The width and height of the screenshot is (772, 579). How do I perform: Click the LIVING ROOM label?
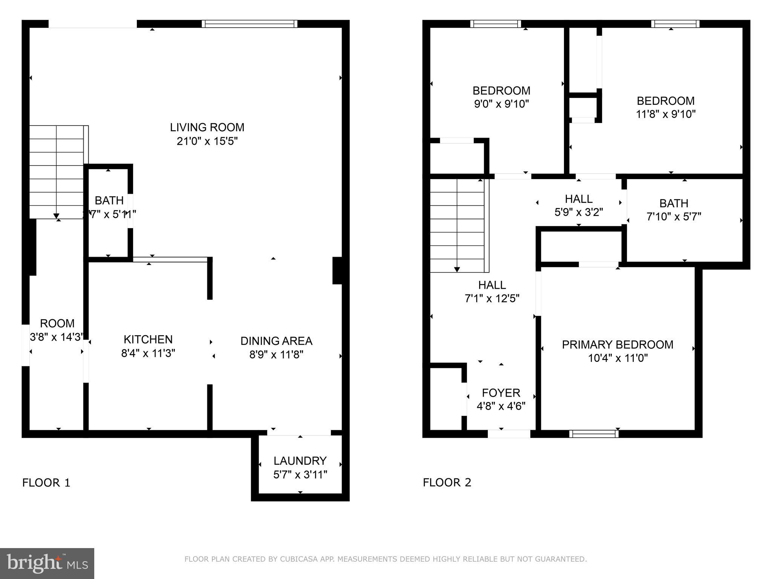[207, 127]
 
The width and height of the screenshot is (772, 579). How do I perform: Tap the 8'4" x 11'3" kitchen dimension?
[148, 354]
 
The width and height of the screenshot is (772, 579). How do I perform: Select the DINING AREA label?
[276, 341]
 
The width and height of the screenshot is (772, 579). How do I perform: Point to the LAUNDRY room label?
[300, 461]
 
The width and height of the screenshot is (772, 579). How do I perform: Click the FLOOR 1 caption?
[46, 482]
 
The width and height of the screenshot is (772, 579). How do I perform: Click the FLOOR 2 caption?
[447, 482]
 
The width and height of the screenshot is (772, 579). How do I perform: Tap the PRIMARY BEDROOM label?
[617, 345]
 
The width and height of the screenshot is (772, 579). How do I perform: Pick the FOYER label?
[501, 393]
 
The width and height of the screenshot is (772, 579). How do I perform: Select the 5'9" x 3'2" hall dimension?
[579, 212]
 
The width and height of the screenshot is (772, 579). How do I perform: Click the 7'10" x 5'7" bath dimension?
[674, 217]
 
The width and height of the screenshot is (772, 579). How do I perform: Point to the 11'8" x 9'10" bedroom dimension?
[665, 114]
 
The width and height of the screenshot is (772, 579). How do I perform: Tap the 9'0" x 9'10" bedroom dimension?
[501, 104]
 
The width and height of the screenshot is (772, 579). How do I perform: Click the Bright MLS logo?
[47, 563]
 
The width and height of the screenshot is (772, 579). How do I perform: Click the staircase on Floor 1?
[57, 172]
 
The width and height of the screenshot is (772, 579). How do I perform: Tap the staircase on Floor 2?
[457, 225]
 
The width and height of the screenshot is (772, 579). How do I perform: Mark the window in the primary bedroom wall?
[593, 434]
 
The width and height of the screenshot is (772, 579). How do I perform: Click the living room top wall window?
[249, 24]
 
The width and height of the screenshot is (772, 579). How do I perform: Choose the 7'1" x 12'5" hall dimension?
[492, 299]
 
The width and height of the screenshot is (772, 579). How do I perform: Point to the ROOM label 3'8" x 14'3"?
[57, 323]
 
